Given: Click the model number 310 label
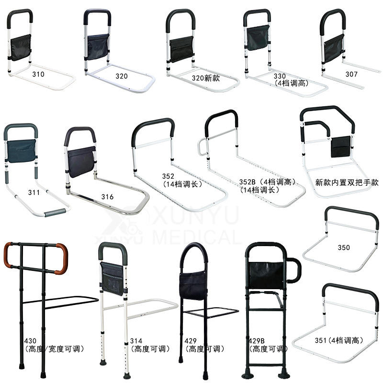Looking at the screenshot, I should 38,74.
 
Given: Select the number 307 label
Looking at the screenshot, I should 352,74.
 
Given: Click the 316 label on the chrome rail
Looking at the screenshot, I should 108,196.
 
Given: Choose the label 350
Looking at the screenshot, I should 343,248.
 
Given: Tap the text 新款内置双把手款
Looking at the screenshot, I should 347,182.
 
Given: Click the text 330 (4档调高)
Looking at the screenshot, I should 291,79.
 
